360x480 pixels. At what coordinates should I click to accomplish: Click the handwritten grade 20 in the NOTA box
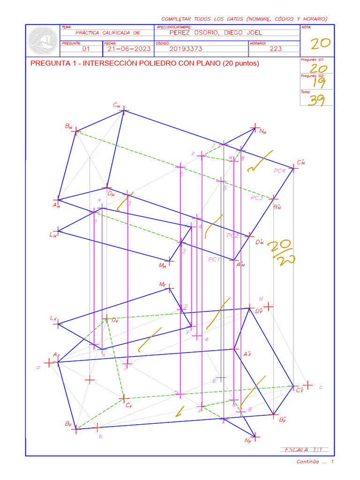pyautogui.click(x=321, y=44)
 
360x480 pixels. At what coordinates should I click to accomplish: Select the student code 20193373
pyautogui.click(x=186, y=48)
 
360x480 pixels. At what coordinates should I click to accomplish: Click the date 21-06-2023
pyautogui.click(x=122, y=48)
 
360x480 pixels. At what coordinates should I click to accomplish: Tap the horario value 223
pyautogui.click(x=276, y=48)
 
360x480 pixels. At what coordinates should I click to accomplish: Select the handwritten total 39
pyautogui.click(x=316, y=100)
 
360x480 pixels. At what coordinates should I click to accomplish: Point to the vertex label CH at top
pyautogui.click(x=116, y=106)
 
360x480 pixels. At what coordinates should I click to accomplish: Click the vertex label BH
pyautogui.click(x=68, y=127)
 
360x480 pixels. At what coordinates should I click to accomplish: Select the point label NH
pyautogui.click(x=262, y=132)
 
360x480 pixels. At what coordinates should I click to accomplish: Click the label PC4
pyautogui.click(x=279, y=171)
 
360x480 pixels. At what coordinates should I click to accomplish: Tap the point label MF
pyautogui.click(x=162, y=285)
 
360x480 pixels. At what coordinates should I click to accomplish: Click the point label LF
pyautogui.click(x=53, y=318)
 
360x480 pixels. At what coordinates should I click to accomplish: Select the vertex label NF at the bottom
pyautogui.click(x=248, y=441)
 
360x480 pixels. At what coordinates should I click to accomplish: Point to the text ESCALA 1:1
pyautogui.click(x=304, y=450)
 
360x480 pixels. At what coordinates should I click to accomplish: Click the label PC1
pyautogui.click(x=214, y=259)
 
